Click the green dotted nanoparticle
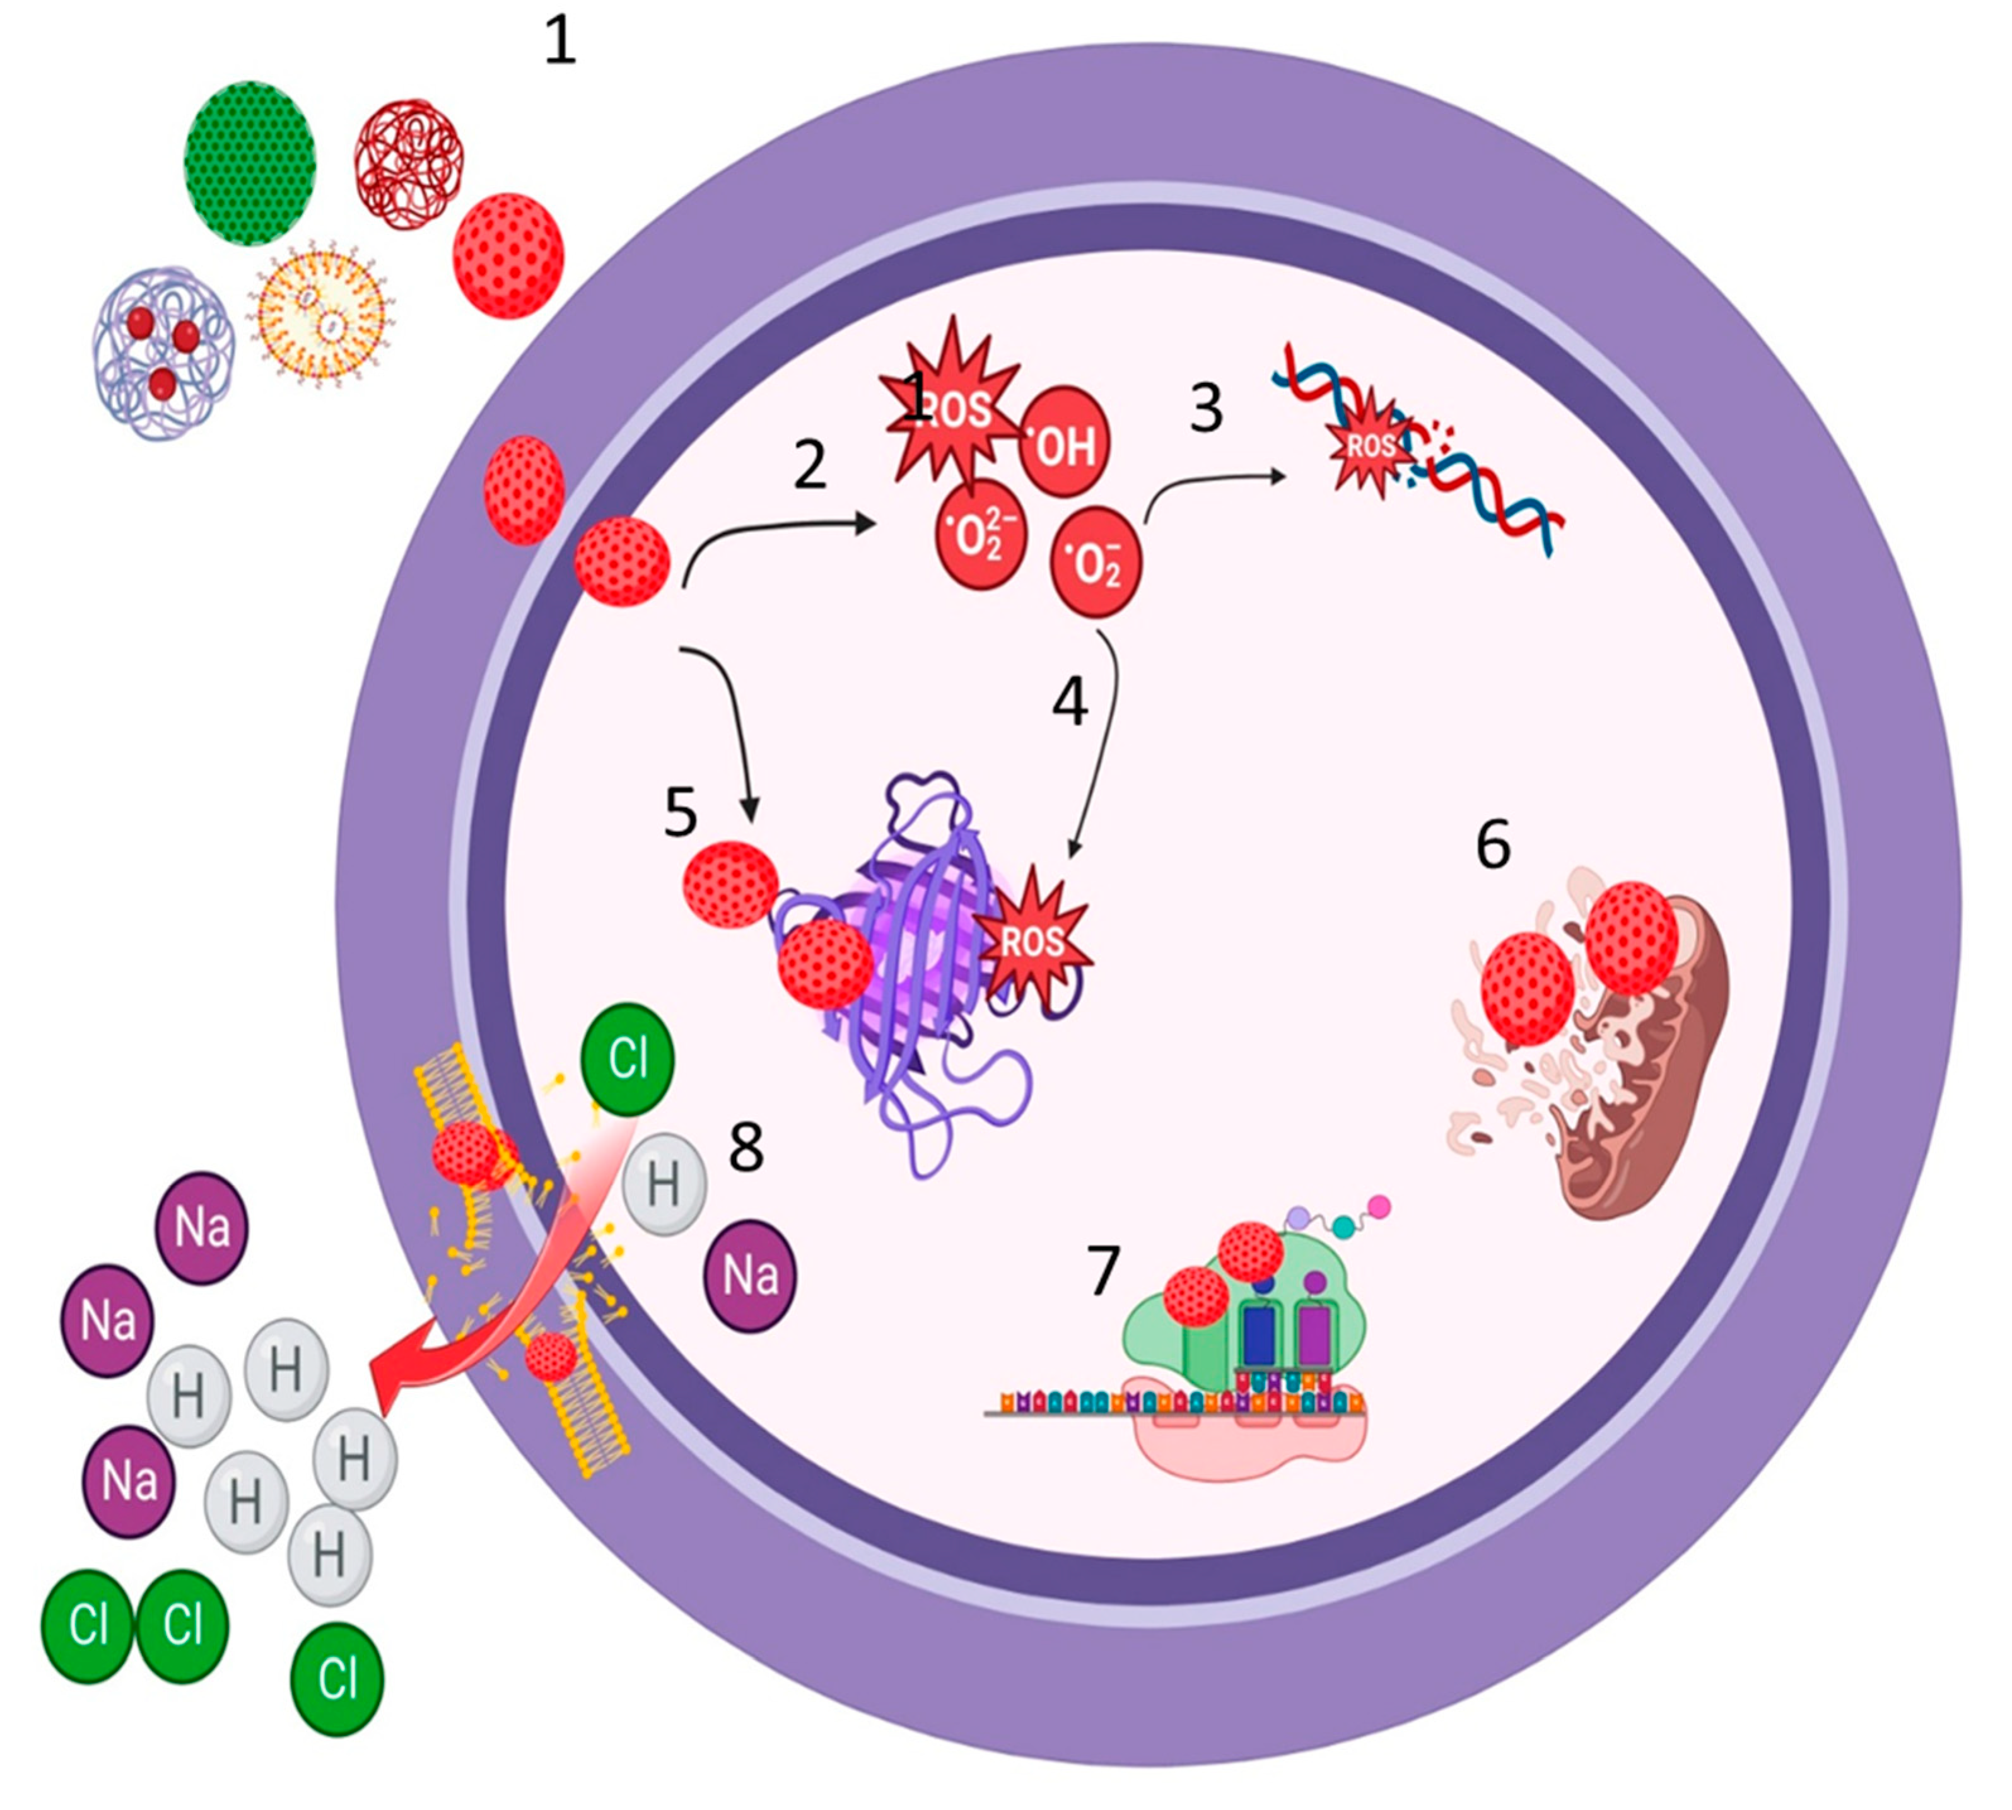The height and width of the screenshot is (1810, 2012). click(250, 163)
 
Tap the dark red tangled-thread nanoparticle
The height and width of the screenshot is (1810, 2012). click(409, 164)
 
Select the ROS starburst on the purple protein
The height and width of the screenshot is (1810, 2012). click(1034, 940)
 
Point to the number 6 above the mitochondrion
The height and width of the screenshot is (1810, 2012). click(1492, 844)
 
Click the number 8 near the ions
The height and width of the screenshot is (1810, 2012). click(746, 1147)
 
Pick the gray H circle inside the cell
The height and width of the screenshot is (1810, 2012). click(664, 1184)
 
